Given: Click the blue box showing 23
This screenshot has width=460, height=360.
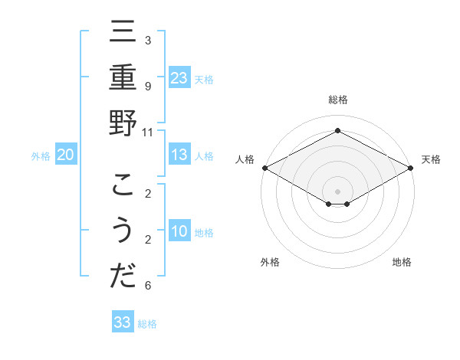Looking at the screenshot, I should point(179,77).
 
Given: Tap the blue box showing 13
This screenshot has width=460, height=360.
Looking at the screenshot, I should point(179,155).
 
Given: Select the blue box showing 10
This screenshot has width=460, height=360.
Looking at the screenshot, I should point(179,231).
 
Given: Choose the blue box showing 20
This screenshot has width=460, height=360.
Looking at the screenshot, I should point(66,155).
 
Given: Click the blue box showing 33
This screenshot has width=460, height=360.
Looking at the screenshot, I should point(123,322).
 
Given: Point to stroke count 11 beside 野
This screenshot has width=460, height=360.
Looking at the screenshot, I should point(148,131).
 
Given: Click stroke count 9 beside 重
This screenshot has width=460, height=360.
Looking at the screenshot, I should point(148,86).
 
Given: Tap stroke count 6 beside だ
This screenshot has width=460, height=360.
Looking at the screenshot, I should point(148,286).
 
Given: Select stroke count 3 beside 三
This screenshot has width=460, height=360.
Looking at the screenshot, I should point(148,40).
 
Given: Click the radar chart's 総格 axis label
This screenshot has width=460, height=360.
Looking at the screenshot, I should point(337,100).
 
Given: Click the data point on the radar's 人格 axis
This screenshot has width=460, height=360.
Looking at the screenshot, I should point(264,168).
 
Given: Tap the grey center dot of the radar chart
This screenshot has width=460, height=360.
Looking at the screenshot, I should point(337,190).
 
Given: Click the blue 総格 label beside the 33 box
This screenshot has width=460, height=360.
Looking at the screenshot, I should point(148,324).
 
